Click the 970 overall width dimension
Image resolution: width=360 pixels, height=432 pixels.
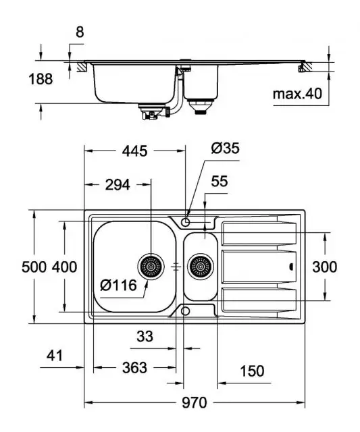[194, 403]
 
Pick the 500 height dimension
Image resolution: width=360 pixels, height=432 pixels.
[14, 267]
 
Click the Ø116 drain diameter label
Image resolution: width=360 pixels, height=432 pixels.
[119, 286]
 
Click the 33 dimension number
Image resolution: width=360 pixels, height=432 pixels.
[143, 335]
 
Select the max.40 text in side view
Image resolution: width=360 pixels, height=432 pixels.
[297, 94]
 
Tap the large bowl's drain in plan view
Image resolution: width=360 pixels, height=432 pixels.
[151, 267]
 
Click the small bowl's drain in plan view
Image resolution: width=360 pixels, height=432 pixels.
[199, 267]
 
